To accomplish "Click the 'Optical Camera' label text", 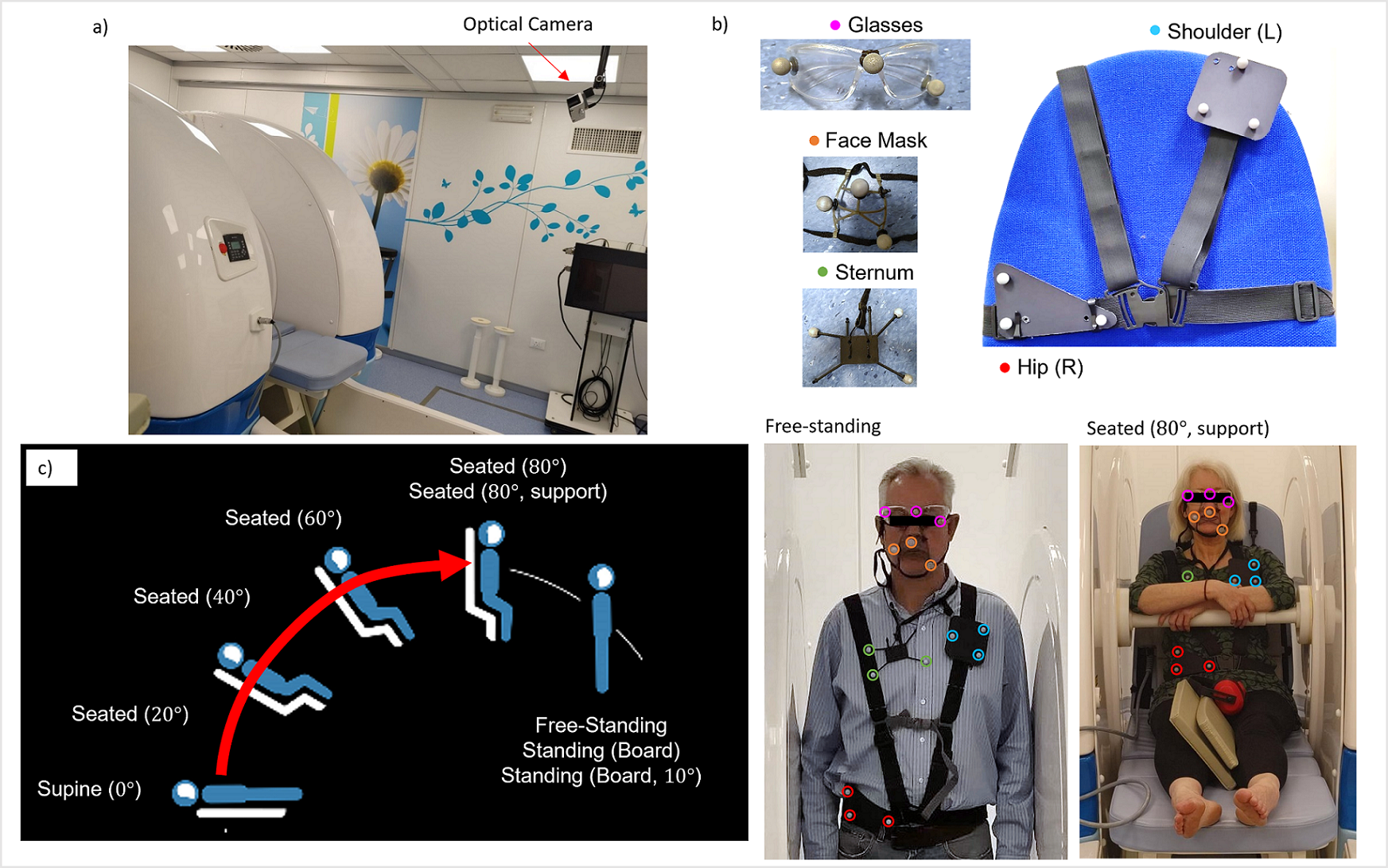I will click(x=527, y=25).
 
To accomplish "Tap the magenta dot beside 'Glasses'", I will click(x=835, y=25).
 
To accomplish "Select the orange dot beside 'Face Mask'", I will click(x=814, y=141).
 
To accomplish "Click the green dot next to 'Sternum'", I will click(x=823, y=273).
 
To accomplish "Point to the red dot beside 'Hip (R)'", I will click(x=1005, y=367).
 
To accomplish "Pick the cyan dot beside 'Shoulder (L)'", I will click(x=1155, y=31).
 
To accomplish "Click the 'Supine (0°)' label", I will click(x=89, y=789).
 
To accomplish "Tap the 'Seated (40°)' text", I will click(x=192, y=597).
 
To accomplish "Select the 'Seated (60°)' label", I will click(x=283, y=518).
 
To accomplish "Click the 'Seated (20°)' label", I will click(x=130, y=714).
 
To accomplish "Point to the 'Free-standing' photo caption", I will click(x=822, y=427).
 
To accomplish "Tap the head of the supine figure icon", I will click(x=185, y=792).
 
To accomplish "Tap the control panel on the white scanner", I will click(x=236, y=246).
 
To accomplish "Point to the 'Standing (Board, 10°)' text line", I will click(x=601, y=776).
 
